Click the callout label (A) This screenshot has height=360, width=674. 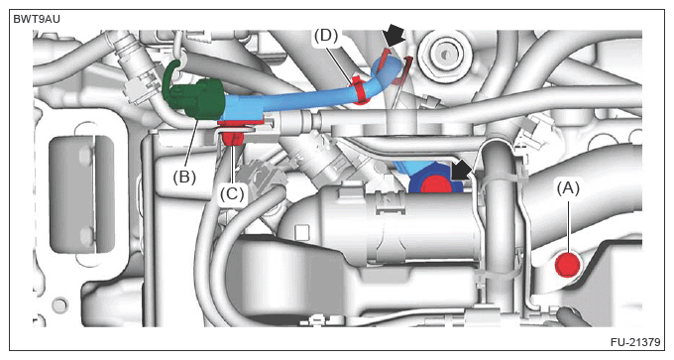click(x=568, y=188)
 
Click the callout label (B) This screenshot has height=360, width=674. click(x=184, y=177)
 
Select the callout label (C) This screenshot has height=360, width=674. click(x=232, y=194)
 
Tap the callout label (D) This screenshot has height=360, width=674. click(x=326, y=36)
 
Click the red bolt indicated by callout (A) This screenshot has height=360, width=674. click(x=567, y=265)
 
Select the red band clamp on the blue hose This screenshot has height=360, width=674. click(x=360, y=91)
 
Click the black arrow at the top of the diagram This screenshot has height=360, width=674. click(x=393, y=36)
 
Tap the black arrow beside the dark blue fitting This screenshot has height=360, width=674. click(x=462, y=173)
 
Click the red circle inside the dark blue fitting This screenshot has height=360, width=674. click(x=434, y=183)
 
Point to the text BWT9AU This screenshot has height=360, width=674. click(x=37, y=20)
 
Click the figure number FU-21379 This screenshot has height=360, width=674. click(x=635, y=342)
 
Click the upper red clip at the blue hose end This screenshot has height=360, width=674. click(x=387, y=56)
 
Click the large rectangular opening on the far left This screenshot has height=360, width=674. click(x=81, y=194)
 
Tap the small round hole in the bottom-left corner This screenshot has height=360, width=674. click(x=59, y=304)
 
